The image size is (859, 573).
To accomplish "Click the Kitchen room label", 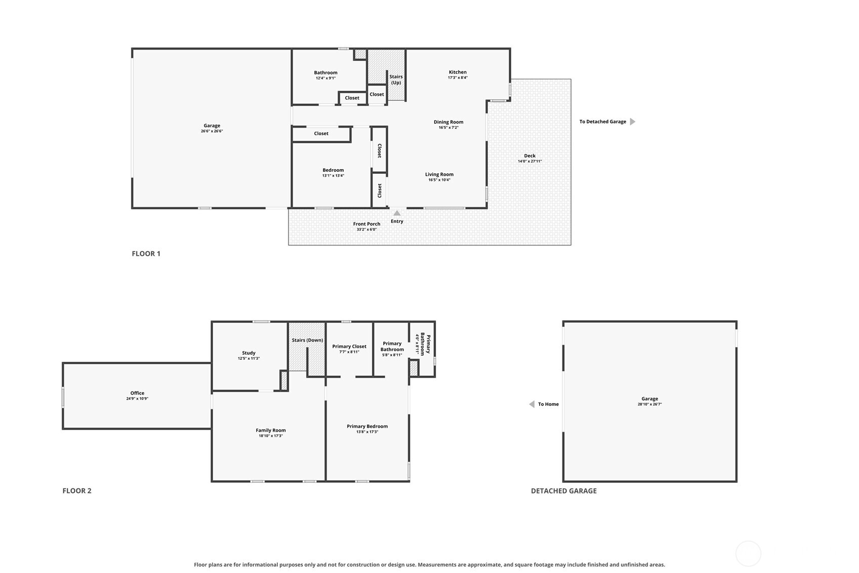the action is coord(458,72).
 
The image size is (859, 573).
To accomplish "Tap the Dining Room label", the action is coord(448,122).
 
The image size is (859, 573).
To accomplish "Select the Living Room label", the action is coord(439,174).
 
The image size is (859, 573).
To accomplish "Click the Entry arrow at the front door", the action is coord(397,213).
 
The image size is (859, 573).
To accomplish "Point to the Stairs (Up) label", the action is coord(396,80).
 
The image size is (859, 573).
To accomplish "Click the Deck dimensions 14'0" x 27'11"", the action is coord(529,161).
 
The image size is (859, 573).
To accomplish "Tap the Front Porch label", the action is coord(366,224).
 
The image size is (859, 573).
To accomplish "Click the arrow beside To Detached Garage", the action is coord(633,122).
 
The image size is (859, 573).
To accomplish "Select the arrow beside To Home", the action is coord(532,404).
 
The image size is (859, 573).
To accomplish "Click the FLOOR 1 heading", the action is coord(146,254).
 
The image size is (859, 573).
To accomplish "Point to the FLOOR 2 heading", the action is coord(77,491).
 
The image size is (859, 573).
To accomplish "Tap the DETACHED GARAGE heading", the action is coord(564,491).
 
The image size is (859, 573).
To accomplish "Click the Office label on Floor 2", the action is coord(137,393).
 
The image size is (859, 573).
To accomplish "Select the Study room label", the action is coord(249,353).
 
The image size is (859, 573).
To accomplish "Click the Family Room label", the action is coord(271,430).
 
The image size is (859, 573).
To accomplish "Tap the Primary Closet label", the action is coord(349,347).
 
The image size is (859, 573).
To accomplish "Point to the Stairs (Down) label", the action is coord(307,340).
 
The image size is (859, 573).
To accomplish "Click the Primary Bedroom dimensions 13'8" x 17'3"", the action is coord(367,432).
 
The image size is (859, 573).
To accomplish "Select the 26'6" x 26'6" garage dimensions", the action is coord(212,131).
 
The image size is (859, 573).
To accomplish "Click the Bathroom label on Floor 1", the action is coord(325,72).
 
